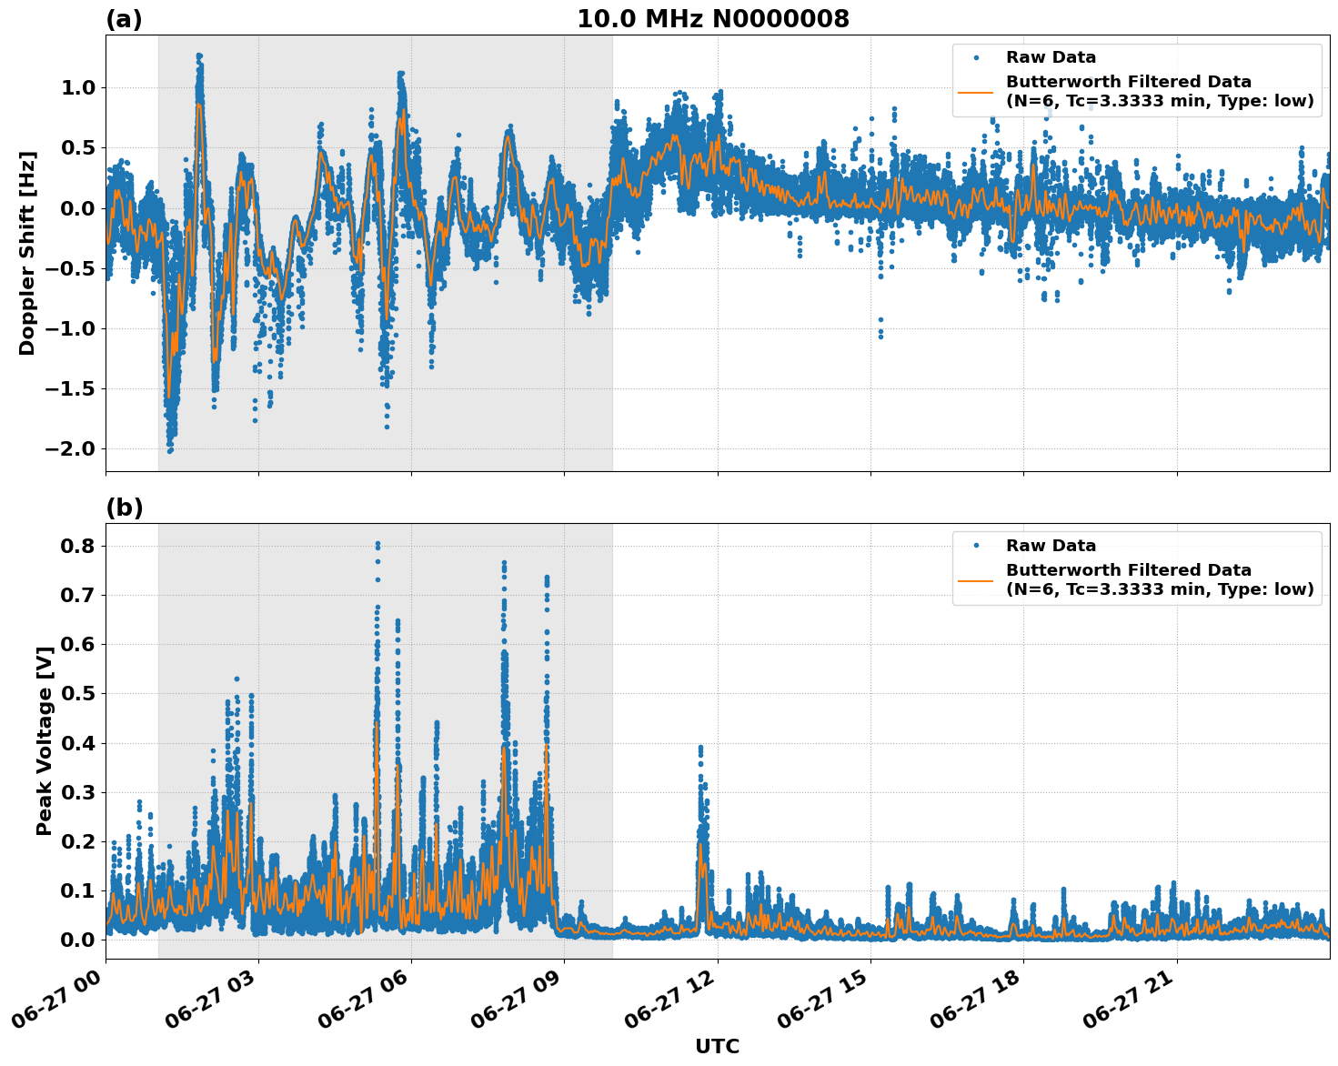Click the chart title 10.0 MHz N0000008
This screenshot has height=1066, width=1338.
[x=712, y=18]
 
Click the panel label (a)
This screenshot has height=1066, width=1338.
[x=124, y=19]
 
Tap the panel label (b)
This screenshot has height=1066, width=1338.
[x=124, y=508]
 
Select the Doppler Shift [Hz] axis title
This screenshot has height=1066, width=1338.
[x=27, y=253]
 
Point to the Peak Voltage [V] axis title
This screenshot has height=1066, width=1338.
[x=44, y=740]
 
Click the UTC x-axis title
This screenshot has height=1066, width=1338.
[x=717, y=1046]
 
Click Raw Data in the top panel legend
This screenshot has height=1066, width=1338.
[x=1051, y=57]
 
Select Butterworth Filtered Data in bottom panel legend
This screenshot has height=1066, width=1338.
[x=1128, y=570]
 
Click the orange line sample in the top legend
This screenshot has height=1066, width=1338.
[x=976, y=92]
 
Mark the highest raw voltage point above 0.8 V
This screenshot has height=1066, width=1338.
[x=377, y=544]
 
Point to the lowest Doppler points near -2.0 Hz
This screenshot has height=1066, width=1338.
[x=170, y=449]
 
